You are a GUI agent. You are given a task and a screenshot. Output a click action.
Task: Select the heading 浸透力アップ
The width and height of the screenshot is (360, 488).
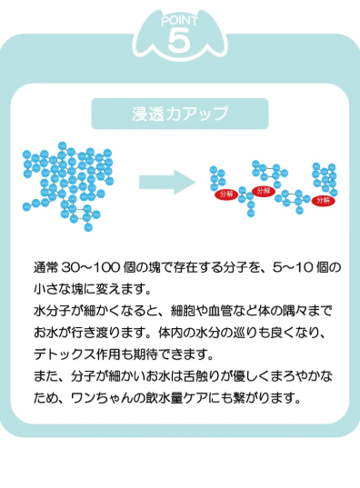click(x=180, y=114)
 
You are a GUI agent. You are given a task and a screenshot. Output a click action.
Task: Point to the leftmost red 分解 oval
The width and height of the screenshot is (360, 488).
click(x=225, y=194)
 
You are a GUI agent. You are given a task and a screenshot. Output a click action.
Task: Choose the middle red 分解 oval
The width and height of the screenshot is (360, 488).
click(x=263, y=191)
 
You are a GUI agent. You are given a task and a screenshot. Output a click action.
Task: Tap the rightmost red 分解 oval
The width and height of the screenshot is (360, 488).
click(x=323, y=200)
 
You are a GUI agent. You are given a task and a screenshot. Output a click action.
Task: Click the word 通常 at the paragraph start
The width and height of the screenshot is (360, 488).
click(x=45, y=268)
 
